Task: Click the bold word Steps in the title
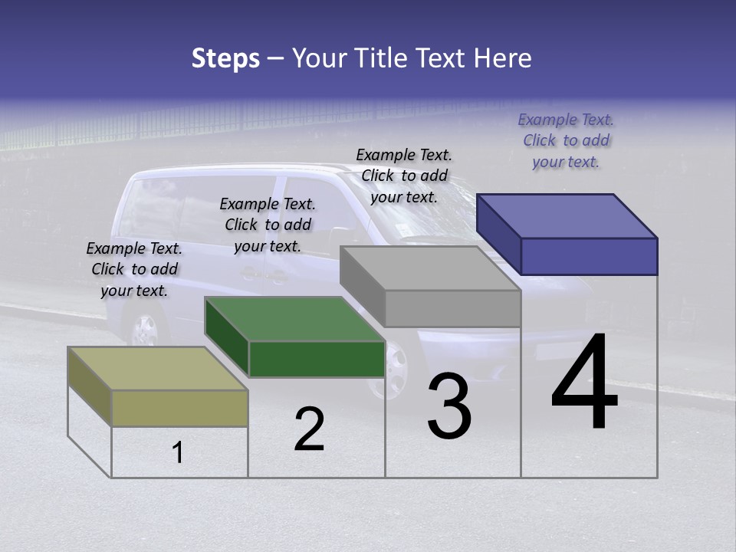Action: coord(225,58)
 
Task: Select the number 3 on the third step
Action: coord(449,406)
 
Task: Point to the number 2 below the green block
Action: coord(309,429)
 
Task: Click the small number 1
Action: coord(178,452)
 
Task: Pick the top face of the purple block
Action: coord(567,215)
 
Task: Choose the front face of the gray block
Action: coord(452,308)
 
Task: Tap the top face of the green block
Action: coord(295,319)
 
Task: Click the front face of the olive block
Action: coord(180,408)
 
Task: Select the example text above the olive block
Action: coord(134,269)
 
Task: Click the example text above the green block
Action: coord(268,225)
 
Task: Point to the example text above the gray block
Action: coord(404,176)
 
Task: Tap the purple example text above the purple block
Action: coord(566,140)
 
